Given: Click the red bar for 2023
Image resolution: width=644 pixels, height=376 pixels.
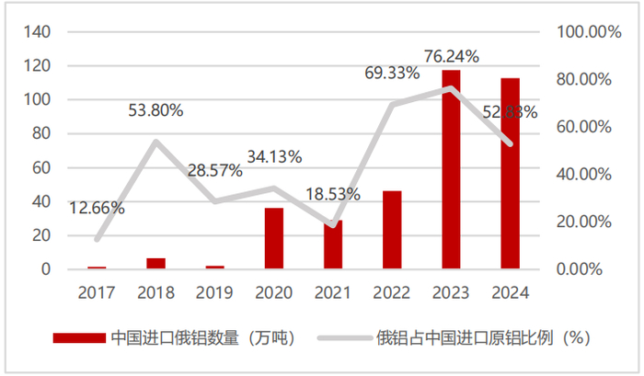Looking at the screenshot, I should click(x=451, y=170).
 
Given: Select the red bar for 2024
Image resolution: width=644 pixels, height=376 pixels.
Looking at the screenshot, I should click(x=510, y=174).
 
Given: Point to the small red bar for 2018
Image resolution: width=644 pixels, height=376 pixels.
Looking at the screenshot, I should click(x=156, y=264).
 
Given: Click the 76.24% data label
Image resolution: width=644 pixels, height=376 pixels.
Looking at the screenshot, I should click(x=451, y=57).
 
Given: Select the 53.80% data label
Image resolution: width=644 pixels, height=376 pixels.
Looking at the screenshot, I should click(x=155, y=110).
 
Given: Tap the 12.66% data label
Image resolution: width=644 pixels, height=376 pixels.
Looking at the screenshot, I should click(x=97, y=208).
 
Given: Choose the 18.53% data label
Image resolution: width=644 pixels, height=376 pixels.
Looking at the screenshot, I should click(x=332, y=194).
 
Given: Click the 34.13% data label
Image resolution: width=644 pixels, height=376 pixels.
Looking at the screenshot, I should click(x=273, y=156).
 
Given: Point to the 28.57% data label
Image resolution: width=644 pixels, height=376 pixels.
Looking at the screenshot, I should click(x=214, y=170).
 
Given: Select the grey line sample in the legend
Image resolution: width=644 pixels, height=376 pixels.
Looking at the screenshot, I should click(x=341, y=337).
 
